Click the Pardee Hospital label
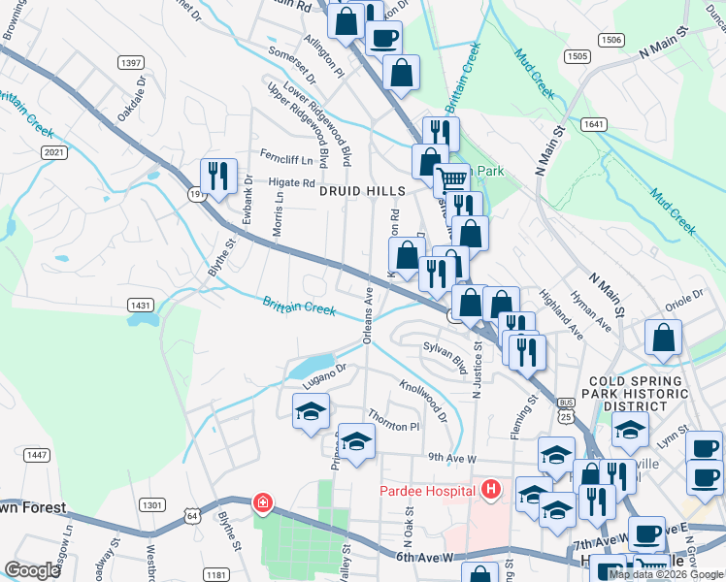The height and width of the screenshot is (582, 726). [426, 491]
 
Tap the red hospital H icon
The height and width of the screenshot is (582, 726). [491, 489]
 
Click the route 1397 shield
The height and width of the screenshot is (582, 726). [131, 63]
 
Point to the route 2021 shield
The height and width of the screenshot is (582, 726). [54, 153]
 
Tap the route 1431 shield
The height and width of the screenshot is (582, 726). [140, 305]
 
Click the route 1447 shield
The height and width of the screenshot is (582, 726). [38, 455]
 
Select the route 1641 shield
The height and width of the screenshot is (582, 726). [594, 124]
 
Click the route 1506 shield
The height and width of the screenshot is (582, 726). [610, 40]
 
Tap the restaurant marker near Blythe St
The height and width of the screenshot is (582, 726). [217, 176]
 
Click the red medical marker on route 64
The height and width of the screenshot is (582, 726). [262, 502]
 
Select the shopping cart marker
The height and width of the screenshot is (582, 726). [450, 179]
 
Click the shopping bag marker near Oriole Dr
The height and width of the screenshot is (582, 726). [664, 338]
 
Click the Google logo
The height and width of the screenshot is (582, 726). [32, 570]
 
